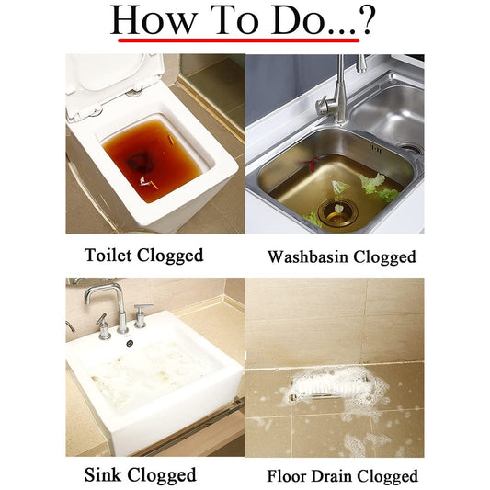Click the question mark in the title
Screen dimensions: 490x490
(367, 20)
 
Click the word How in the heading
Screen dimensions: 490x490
(154, 19)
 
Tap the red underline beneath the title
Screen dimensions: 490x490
(238, 40)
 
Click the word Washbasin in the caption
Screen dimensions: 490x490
(308, 256)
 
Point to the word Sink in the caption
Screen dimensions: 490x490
(102, 474)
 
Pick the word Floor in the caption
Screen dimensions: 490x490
(287, 476)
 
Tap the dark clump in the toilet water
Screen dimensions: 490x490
(140, 162)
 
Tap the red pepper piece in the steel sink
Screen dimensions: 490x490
(311, 162)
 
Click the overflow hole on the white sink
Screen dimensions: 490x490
(130, 343)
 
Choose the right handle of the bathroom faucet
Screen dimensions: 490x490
(142, 315)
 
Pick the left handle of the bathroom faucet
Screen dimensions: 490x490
(103, 327)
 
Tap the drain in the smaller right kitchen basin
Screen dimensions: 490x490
(412, 150)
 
